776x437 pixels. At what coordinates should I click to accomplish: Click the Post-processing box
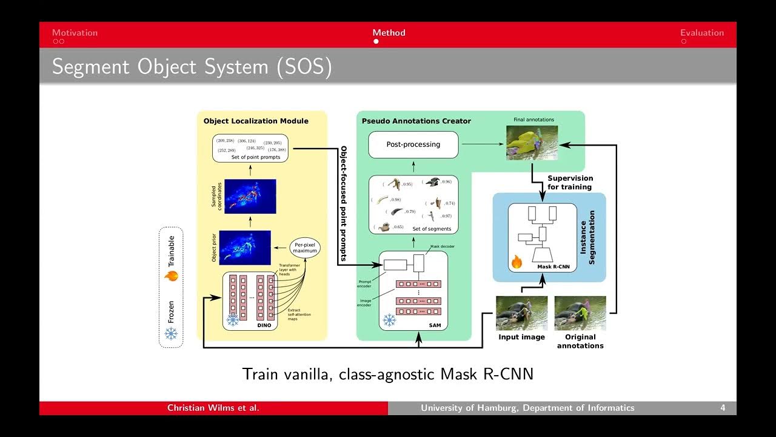pos(413,144)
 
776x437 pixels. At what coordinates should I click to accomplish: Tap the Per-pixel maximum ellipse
pos(305,247)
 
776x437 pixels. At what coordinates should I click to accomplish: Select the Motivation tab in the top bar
pos(75,33)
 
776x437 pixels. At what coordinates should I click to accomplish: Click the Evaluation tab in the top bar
pos(702,33)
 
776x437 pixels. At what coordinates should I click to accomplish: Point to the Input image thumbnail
pos(521,313)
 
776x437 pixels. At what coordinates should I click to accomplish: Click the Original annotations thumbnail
pos(580,313)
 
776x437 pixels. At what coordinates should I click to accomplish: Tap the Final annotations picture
pos(532,143)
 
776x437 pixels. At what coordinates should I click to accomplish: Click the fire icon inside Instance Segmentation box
pos(517,262)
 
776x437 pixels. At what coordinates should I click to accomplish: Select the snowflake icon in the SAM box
pos(389,320)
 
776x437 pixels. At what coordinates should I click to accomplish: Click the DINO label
pos(265,326)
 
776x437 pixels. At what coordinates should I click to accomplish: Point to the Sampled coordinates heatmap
pos(250,196)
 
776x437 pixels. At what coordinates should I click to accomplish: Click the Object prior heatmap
pos(250,247)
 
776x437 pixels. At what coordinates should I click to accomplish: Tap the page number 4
pos(723,408)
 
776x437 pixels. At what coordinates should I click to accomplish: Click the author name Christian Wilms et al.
pos(213,408)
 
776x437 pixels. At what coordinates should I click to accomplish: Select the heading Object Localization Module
pos(256,121)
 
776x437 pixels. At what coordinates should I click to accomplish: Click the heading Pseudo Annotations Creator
pos(416,121)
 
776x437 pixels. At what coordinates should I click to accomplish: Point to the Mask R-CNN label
pos(553,266)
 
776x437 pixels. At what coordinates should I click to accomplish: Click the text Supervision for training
pos(570,183)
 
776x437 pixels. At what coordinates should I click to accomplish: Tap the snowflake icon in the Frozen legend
pos(171,333)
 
